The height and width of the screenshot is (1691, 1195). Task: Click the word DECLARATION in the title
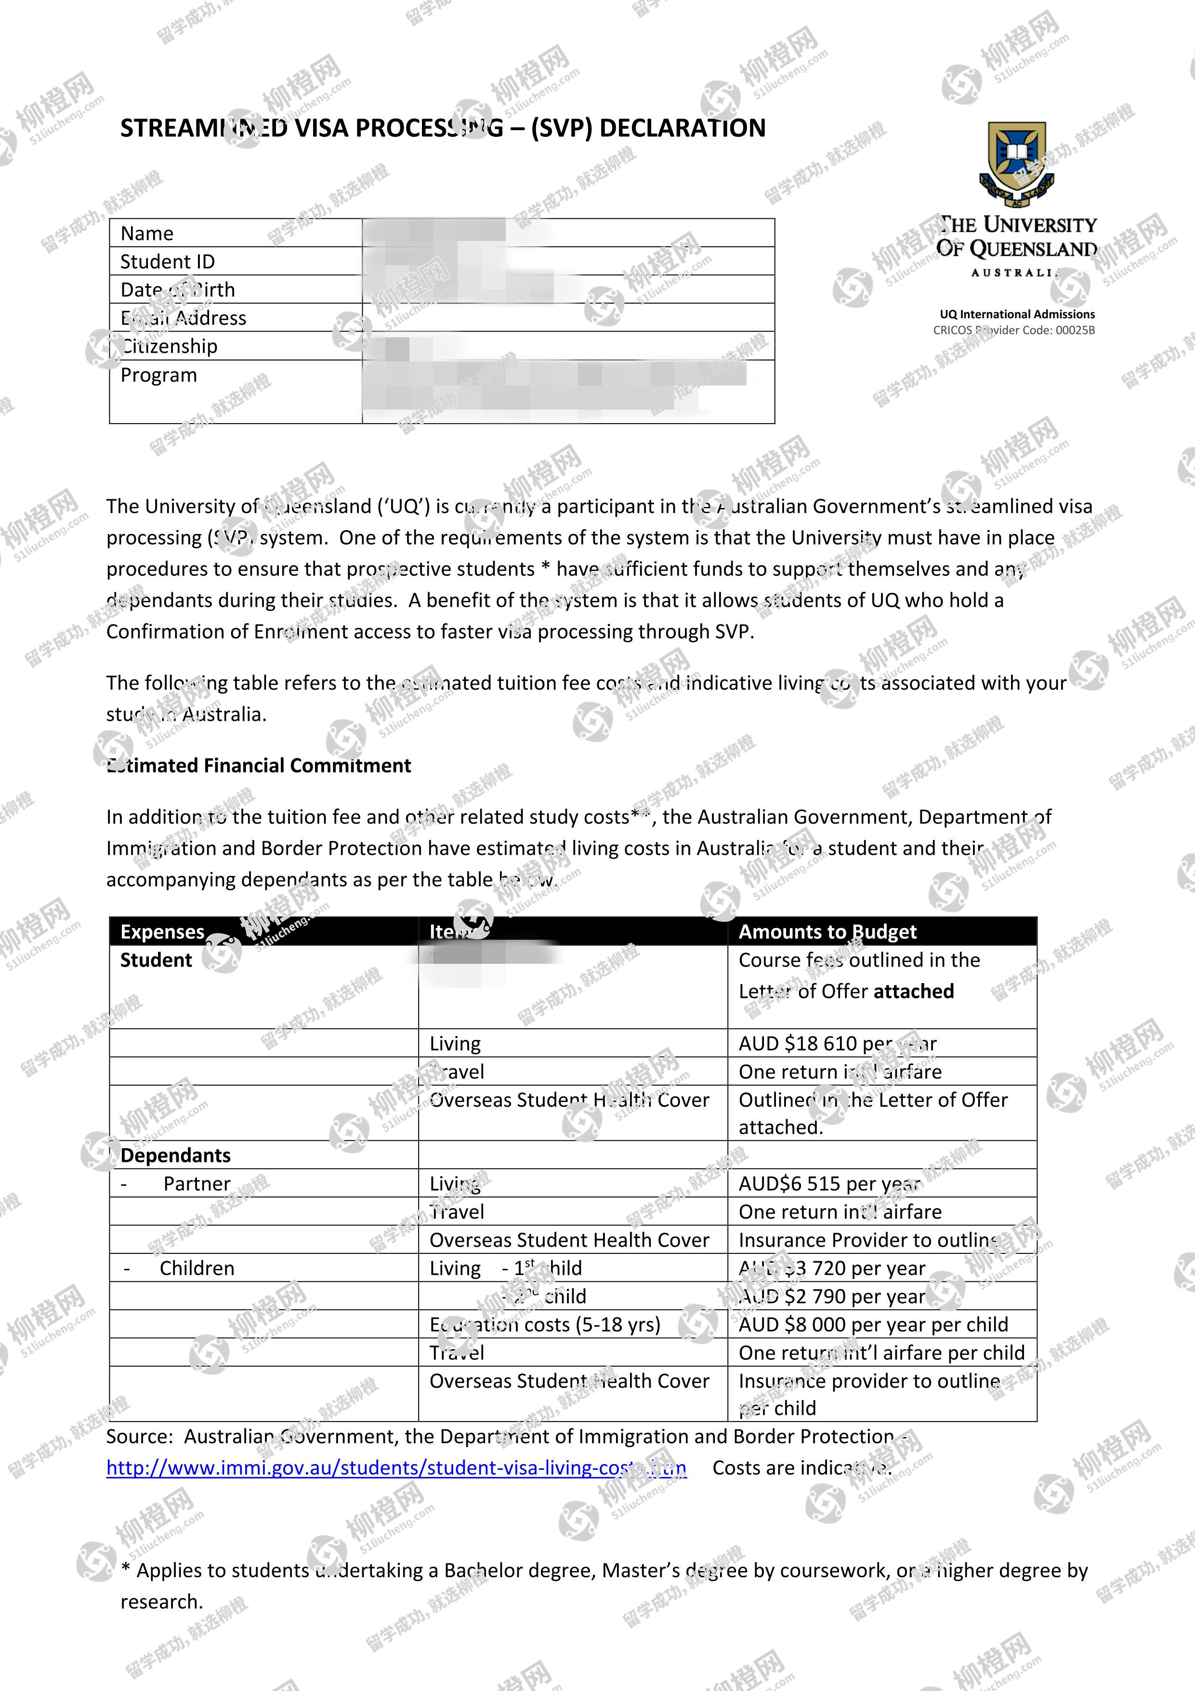[683, 128]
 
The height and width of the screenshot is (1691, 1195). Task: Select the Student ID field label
[168, 262]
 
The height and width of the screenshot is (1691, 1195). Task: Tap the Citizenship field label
[170, 346]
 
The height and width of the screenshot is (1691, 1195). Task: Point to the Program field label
[159, 375]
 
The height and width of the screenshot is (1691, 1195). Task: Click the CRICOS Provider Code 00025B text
[1014, 330]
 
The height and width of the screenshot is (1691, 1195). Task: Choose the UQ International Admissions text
[1017, 314]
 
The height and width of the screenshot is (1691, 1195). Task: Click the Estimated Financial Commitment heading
[259, 765]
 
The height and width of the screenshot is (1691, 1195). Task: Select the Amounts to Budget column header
[827, 932]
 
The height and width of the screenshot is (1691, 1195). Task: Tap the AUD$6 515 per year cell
[829, 1184]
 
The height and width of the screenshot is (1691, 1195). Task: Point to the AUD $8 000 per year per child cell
[873, 1324]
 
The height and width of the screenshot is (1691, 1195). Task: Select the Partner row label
[197, 1184]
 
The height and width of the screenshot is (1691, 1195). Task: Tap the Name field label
[147, 233]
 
